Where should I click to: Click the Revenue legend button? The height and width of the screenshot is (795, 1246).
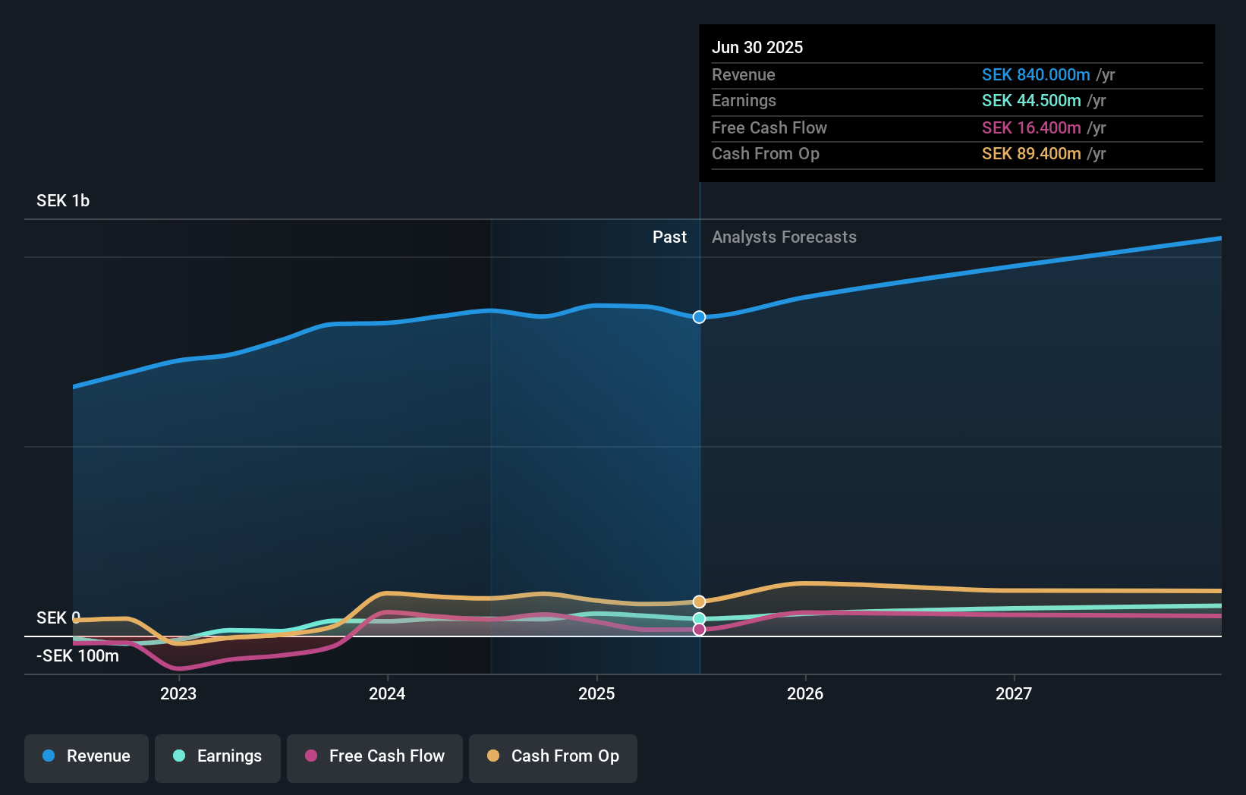point(87,756)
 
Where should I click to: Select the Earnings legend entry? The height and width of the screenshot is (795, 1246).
point(218,756)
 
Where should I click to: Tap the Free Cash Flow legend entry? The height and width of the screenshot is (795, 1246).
point(375,756)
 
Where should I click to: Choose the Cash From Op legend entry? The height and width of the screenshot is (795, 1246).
point(553,756)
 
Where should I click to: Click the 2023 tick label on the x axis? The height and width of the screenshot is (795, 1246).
point(178,693)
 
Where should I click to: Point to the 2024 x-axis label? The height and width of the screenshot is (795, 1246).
point(387,693)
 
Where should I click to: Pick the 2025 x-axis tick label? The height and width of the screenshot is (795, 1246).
point(596,693)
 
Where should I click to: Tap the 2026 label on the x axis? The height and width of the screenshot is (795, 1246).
point(805,693)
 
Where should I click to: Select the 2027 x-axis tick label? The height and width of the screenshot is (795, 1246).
point(1014,693)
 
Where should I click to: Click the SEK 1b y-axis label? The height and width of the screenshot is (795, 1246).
point(63,201)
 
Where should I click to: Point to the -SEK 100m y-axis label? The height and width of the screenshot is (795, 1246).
point(77,656)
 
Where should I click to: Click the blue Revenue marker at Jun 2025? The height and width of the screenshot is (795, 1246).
point(700,317)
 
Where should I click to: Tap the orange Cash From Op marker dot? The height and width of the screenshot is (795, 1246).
point(700,602)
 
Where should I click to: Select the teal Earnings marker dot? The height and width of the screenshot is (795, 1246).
point(700,619)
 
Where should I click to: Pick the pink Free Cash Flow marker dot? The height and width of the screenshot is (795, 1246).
point(700,630)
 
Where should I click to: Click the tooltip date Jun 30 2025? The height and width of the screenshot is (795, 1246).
point(757,48)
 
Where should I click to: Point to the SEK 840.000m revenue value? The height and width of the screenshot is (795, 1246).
point(1036,75)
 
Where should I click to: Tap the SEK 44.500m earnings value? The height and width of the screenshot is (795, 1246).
point(1031,101)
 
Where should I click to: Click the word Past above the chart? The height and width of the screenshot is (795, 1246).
point(669,237)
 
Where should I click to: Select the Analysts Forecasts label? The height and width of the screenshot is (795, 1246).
point(784,237)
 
